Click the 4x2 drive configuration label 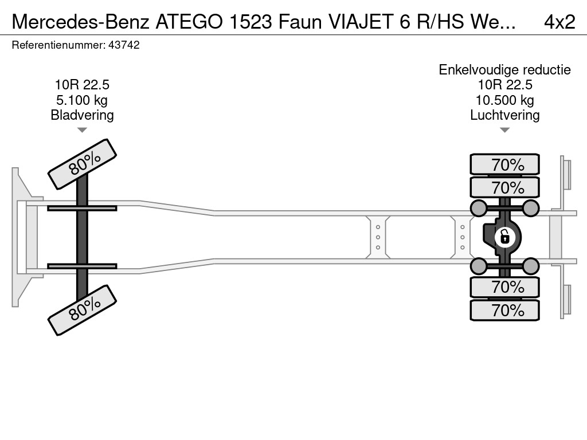pos(559,22)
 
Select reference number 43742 pos(123,45)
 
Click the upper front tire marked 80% pos(82,164)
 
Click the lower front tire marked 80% pos(82,311)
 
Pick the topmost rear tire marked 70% pos(504,164)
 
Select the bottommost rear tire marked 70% pos(504,310)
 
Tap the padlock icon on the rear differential pos(504,236)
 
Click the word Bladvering pos(82,115)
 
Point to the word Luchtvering pos(504,115)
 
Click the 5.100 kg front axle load pos(82,100)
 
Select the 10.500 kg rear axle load pos(504,100)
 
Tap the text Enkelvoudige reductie pos(504,70)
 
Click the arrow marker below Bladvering pos(82,130)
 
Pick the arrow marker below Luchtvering pos(504,130)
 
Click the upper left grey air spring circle pos(478,207)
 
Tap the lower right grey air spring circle pos(531,266)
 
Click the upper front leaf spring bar pos(82,208)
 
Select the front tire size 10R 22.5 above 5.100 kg pos(82,85)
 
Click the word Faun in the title pos(298,22)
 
